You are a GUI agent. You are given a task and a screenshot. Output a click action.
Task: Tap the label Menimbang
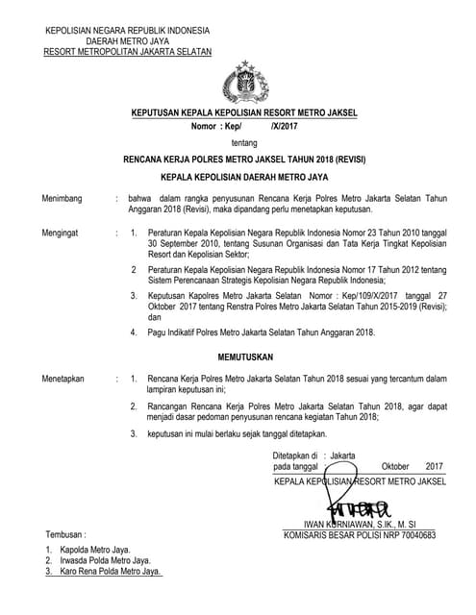61,198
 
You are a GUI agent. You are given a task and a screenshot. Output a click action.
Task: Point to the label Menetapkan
63,380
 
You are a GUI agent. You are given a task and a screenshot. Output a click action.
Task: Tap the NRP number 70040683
413,534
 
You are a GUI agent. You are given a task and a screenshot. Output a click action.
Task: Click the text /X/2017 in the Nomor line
285,126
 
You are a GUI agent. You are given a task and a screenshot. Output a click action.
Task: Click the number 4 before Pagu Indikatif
134,332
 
